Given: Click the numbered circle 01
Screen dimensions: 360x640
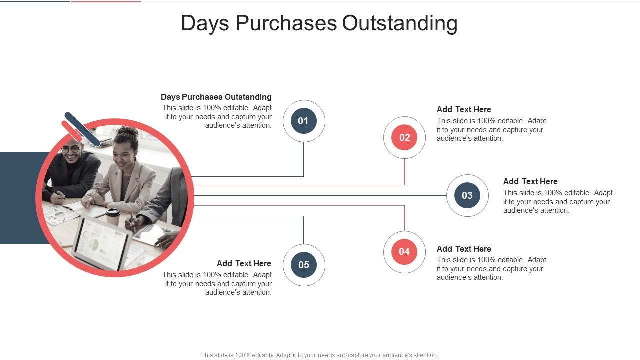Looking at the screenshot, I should click(304, 121).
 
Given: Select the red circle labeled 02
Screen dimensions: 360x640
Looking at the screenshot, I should click(404, 138).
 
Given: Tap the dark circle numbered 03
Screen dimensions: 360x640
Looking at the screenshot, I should click(467, 195).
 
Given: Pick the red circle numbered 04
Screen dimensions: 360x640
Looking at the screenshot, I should click(404, 252).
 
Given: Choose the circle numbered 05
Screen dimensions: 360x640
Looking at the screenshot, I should click(304, 265).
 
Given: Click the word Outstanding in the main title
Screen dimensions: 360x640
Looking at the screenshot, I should click(400, 23).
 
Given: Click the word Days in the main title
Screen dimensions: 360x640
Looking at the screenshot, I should click(205, 23).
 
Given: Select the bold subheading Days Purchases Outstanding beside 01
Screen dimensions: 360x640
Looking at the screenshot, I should click(216, 97).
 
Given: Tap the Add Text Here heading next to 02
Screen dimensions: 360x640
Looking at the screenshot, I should click(464, 109).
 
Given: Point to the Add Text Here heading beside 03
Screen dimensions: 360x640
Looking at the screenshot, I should click(530, 181).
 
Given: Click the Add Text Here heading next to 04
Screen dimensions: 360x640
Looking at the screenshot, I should click(464, 249).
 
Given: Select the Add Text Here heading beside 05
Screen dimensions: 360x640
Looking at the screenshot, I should click(244, 263).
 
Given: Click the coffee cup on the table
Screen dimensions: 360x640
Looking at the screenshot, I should click(113, 216).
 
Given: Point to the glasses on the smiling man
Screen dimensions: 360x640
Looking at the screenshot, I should click(71, 149).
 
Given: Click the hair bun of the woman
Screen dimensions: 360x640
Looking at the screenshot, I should click(128, 132).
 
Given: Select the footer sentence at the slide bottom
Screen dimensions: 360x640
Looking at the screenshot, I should click(320, 355).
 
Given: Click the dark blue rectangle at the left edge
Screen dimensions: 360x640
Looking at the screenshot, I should click(20, 198).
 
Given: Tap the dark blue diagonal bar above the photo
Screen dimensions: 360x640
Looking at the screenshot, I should click(82, 129).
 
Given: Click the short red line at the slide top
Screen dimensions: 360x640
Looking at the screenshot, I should click(106, 1).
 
